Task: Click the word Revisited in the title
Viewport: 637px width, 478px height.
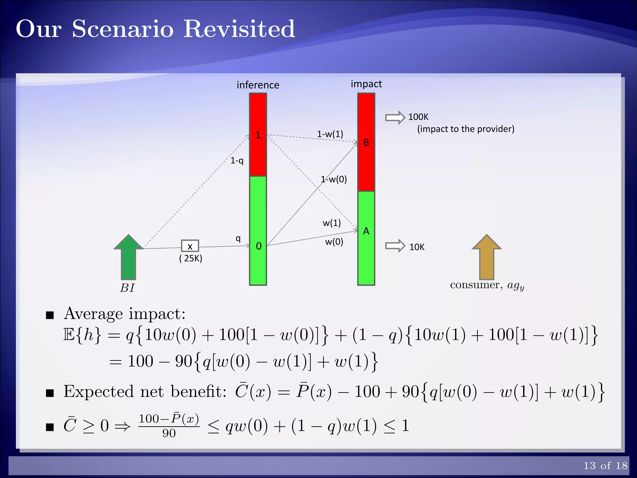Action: click(239, 29)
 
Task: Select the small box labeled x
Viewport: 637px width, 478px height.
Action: click(190, 246)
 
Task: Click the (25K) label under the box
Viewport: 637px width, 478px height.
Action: click(191, 258)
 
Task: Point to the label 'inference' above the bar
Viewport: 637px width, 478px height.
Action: click(258, 85)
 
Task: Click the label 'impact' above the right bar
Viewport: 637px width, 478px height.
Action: click(366, 84)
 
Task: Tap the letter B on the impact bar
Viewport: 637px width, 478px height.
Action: click(366, 143)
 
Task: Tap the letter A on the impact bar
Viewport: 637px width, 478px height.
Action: click(366, 231)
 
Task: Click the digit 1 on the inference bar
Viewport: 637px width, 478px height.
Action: click(258, 135)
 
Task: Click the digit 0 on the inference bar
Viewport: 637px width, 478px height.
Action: click(258, 246)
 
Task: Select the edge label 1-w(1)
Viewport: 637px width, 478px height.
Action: click(330, 134)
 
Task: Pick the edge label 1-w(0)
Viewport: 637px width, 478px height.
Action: click(334, 179)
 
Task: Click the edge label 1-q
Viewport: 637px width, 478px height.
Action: click(237, 161)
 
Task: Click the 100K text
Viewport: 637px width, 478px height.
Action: click(418, 117)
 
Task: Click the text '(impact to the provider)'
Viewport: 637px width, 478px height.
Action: click(466, 129)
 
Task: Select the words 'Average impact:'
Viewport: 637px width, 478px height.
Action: click(124, 314)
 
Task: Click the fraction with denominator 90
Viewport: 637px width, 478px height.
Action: click(169, 425)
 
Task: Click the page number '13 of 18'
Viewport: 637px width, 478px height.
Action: click(605, 466)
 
